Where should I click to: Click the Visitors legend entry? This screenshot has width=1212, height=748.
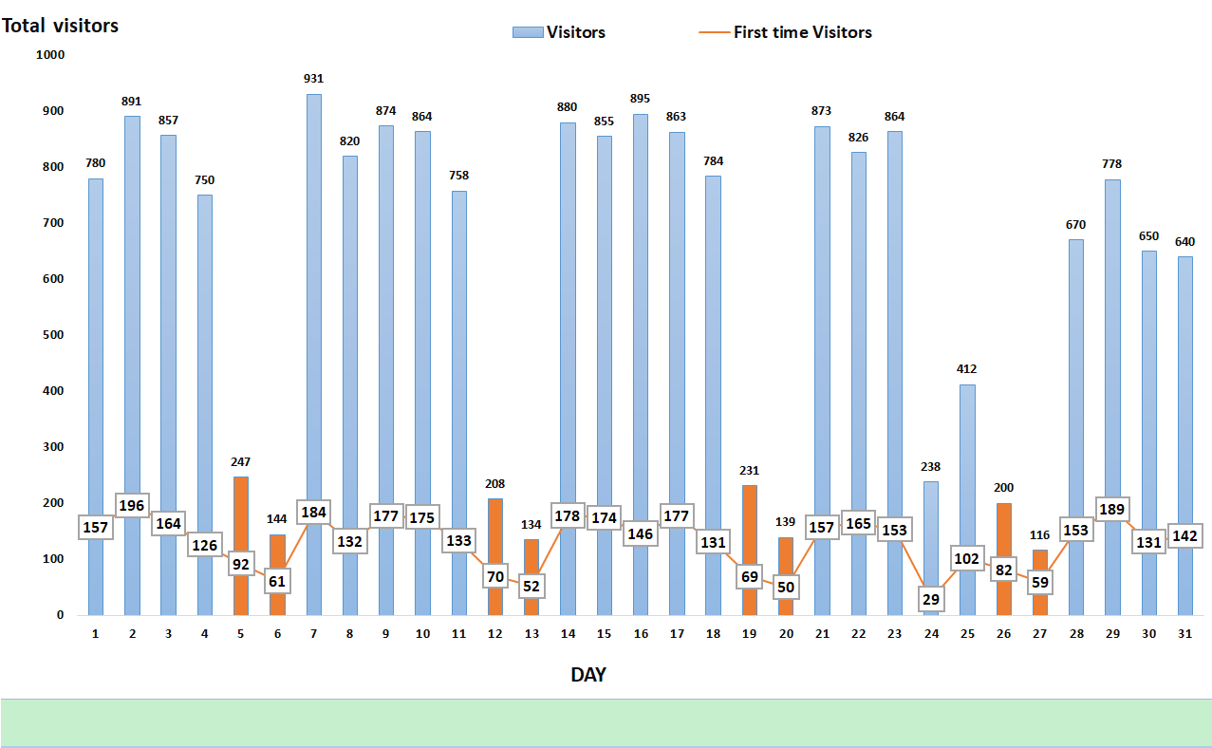click(x=559, y=32)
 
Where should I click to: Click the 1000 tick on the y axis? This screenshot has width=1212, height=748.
click(x=49, y=55)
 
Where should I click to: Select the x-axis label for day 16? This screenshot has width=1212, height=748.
click(x=641, y=633)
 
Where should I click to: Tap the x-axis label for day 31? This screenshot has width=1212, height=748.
click(x=1184, y=633)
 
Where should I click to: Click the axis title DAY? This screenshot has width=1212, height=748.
click(x=588, y=675)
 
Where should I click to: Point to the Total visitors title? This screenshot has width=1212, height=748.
click(x=61, y=26)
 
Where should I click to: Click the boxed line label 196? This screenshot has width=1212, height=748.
click(x=132, y=506)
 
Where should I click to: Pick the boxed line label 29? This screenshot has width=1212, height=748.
click(x=931, y=599)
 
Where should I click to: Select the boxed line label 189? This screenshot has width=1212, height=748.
click(x=1112, y=510)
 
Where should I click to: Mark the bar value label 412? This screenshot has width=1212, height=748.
click(x=967, y=369)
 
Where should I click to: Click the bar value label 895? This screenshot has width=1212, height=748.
click(x=641, y=99)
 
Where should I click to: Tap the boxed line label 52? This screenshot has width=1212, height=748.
click(x=531, y=586)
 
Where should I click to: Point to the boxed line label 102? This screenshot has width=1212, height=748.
click(x=967, y=558)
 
